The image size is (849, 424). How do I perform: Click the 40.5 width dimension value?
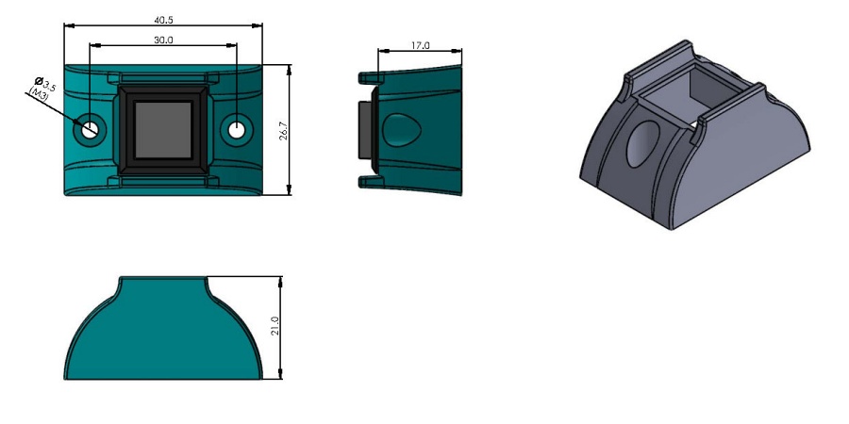coord(163,20)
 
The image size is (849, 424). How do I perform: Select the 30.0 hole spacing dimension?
coord(163,40)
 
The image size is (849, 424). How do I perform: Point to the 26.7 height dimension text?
coord(283,131)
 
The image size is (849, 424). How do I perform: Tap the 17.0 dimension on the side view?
coord(420,46)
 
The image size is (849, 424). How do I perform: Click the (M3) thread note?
coord(39,93)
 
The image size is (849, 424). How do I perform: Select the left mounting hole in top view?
coord(90,129)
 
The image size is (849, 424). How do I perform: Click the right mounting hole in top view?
coord(236,130)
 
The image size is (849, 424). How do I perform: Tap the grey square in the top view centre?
coord(163,130)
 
